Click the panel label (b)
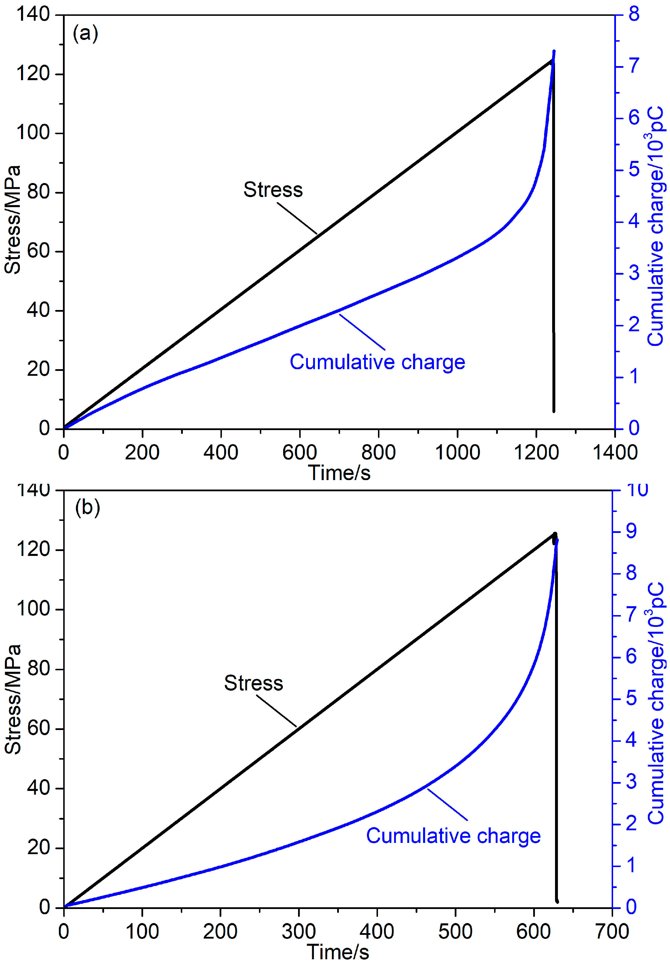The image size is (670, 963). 87,508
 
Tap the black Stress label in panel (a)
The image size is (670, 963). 273,190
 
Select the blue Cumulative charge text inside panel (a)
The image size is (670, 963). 377,362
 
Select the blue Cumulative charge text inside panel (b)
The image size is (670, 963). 453,836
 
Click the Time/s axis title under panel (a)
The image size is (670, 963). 339,473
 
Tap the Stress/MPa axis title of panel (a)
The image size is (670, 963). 13,220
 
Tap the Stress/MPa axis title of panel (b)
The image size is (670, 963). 13,699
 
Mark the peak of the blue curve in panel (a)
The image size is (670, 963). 554,51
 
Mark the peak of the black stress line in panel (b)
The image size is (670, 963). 555,533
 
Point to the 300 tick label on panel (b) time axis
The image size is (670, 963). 299,932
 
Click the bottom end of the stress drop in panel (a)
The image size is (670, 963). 554,411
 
